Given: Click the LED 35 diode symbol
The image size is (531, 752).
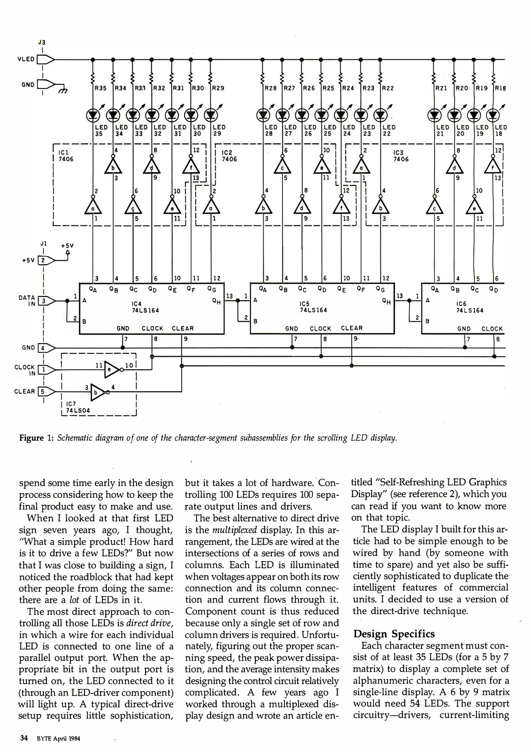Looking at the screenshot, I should coord(92,114).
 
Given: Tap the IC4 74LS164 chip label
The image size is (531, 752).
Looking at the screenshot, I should coord(145,307).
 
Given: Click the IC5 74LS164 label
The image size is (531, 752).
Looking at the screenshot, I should coord(313,307).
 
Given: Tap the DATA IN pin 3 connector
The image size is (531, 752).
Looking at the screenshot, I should coord(46,301).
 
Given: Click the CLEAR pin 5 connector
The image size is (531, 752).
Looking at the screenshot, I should coord(46,392).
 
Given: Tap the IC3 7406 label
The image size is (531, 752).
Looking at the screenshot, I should coord(400,156).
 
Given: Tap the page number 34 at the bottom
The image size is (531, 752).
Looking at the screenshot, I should coord(24,738).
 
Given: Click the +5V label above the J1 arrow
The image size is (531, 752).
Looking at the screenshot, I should coord(67,245).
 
